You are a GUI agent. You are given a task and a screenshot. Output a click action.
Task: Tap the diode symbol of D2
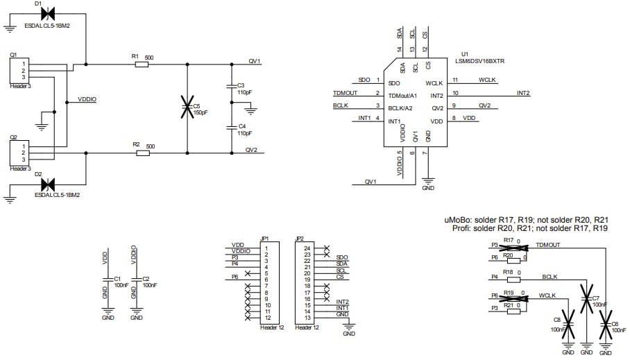48,185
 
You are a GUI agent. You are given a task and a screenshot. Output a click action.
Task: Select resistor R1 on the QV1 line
142,65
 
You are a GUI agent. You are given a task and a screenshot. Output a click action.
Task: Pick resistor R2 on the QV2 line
142,153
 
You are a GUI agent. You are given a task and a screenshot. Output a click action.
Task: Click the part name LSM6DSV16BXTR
479,60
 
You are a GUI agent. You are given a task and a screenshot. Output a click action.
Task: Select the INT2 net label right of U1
523,93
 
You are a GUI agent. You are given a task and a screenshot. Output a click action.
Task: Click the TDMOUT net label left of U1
345,93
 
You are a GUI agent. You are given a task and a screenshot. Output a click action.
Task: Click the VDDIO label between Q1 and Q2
87,100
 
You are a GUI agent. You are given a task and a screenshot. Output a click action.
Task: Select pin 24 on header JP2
307,246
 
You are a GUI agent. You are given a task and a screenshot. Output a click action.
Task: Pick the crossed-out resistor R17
513,246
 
